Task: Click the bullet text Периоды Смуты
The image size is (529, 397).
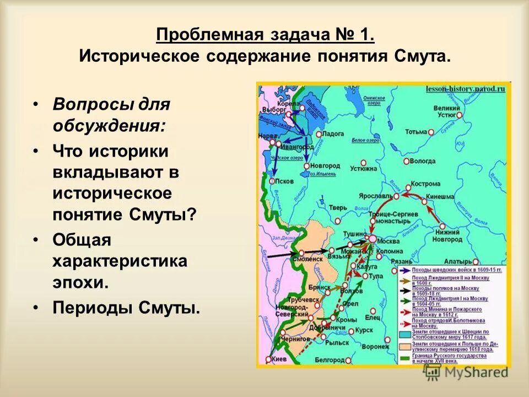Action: click(126, 307)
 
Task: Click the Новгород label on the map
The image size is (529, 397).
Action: click(325, 165)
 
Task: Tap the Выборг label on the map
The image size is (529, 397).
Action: click(274, 109)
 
